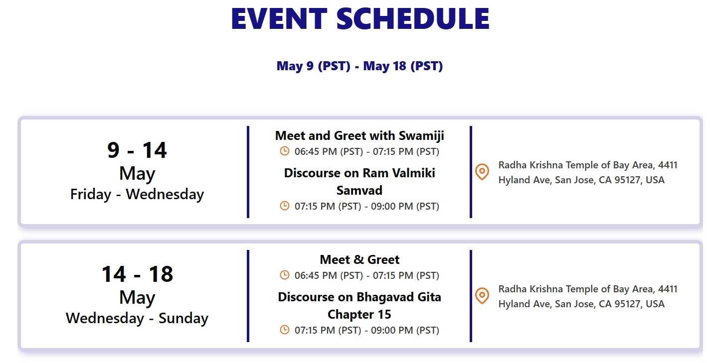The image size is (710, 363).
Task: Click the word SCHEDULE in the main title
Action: click(x=413, y=18)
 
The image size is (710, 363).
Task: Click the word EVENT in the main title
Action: click(x=279, y=18)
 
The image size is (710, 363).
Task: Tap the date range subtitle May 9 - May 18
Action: click(x=359, y=66)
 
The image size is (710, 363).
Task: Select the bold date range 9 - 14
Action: click(x=137, y=150)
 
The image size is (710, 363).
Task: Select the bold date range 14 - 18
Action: click(x=137, y=274)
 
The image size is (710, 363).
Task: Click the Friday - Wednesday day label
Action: click(x=137, y=194)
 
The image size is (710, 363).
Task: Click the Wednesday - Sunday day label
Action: click(x=137, y=318)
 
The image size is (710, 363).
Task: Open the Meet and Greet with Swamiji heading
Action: click(x=359, y=135)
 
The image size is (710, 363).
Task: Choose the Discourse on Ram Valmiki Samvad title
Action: click(x=359, y=182)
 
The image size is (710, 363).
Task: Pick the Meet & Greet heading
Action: click(x=359, y=259)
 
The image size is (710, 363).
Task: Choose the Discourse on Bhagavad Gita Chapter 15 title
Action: click(x=359, y=306)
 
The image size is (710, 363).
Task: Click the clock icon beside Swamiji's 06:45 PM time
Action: click(x=285, y=151)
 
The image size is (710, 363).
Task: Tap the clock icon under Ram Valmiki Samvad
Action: click(x=285, y=206)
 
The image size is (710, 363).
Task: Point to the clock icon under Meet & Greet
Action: click(x=285, y=275)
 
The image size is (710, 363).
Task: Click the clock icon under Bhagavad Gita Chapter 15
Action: click(x=285, y=330)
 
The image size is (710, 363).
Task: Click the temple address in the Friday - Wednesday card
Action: click(x=588, y=172)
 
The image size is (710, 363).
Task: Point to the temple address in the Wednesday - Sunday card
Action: click(x=588, y=297)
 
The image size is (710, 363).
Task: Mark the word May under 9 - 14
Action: click(x=137, y=173)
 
